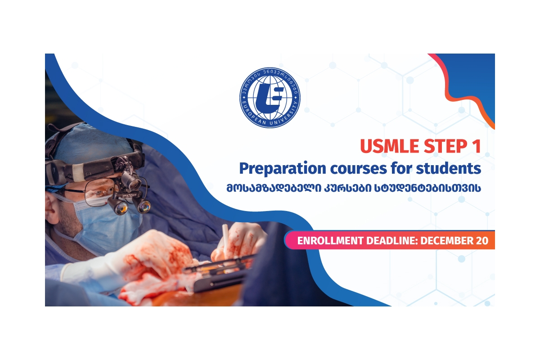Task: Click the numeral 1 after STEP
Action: (477, 146)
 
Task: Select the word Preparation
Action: (283, 169)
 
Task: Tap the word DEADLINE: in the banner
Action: (392, 241)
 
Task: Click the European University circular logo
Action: (270, 97)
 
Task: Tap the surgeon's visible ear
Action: (50, 207)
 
